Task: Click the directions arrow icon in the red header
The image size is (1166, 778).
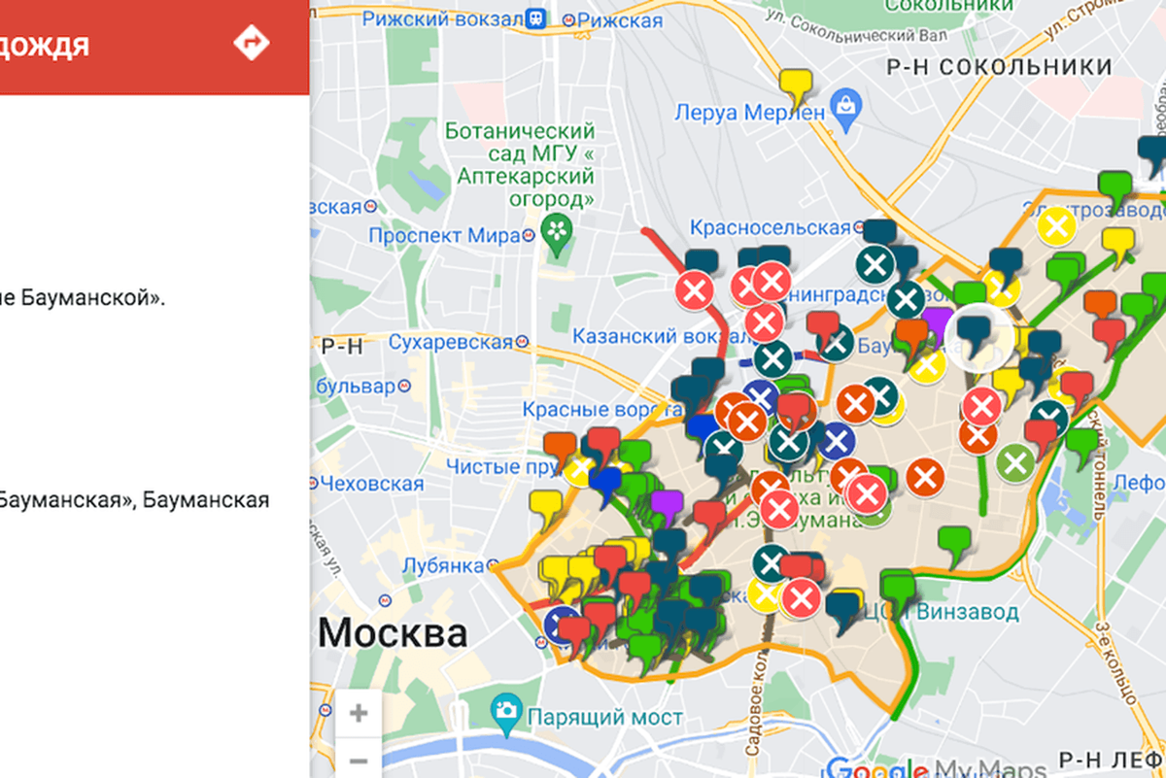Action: click(x=252, y=43)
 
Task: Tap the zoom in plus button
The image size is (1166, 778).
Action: click(x=358, y=714)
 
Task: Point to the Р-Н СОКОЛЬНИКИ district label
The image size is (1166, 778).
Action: click(x=999, y=66)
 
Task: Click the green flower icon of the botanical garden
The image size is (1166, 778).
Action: click(x=558, y=231)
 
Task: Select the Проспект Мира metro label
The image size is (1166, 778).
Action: click(x=444, y=236)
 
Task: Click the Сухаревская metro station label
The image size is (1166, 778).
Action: click(x=450, y=342)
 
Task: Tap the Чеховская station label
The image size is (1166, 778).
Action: click(x=372, y=484)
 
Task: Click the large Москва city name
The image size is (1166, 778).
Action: click(x=393, y=634)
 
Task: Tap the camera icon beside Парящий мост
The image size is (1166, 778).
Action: click(x=505, y=711)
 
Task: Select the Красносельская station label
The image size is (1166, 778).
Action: click(x=770, y=227)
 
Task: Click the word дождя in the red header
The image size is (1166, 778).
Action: click(x=45, y=45)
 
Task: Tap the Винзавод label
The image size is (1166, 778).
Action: click(x=967, y=612)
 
